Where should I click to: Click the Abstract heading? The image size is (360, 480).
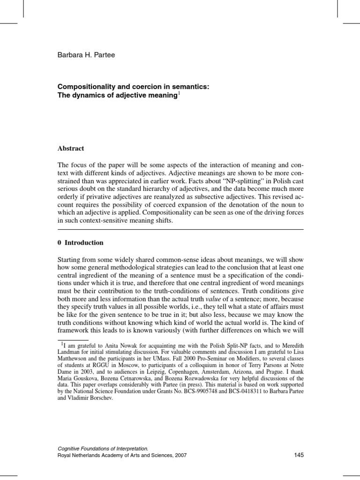(71, 149)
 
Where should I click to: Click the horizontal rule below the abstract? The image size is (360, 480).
(180, 230)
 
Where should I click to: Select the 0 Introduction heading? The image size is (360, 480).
(80, 243)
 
